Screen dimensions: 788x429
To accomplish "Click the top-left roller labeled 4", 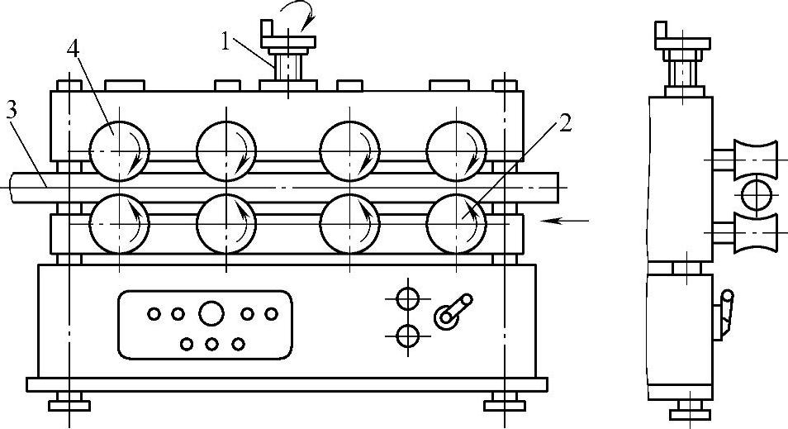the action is [121, 150].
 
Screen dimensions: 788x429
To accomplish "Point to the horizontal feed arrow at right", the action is [571, 220].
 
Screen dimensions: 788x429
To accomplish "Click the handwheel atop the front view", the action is [287, 36].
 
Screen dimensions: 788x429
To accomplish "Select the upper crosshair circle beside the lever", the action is [407, 297].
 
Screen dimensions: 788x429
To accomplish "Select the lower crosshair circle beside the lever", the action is [407, 335].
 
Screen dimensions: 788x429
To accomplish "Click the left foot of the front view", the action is [68, 404].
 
